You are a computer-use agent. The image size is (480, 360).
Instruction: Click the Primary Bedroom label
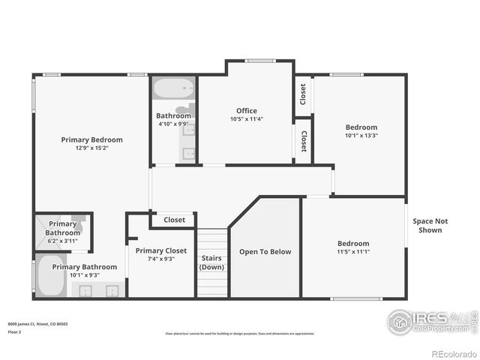[91, 139]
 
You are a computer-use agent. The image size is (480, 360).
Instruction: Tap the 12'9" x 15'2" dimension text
[91, 148]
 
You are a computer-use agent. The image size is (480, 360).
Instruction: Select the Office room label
[247, 111]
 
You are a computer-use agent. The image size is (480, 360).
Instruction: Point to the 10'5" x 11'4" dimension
[247, 119]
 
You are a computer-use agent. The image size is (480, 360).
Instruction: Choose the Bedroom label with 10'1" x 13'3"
[361, 127]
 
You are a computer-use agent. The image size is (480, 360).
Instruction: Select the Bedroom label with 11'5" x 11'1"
[352, 243]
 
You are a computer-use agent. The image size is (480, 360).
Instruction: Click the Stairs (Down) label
[211, 262]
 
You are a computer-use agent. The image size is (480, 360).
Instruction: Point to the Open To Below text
[265, 252]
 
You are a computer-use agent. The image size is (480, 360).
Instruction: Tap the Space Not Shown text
[430, 226]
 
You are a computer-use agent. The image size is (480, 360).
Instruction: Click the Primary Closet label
[160, 250]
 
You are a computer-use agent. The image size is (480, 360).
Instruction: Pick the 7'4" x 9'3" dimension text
[160, 259]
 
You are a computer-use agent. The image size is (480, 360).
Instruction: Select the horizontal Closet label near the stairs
[174, 220]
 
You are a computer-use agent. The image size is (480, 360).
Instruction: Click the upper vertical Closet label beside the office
[303, 94]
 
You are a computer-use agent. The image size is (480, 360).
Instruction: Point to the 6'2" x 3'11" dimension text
[62, 241]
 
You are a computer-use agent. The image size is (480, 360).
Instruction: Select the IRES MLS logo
[427, 322]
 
